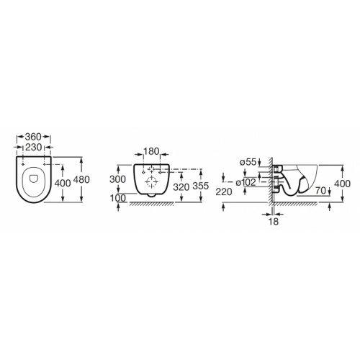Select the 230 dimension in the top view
(32, 146)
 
